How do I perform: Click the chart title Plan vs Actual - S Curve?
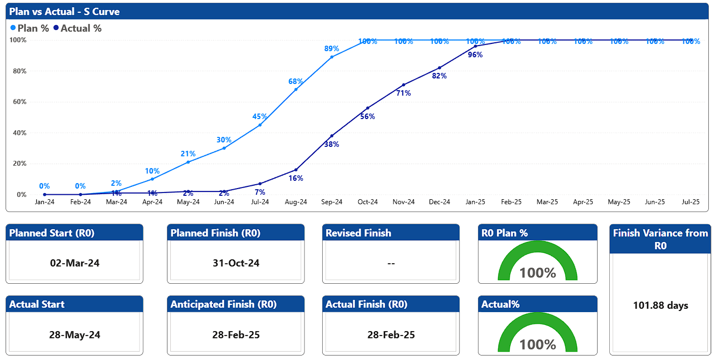tap(64, 12)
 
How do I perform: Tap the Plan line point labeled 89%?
tap(332, 57)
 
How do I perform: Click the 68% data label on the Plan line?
tap(296, 82)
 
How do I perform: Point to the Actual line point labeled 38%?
tap(332, 136)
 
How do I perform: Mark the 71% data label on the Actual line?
tap(403, 93)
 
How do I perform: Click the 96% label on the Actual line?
tap(475, 55)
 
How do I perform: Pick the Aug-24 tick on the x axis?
tap(296, 202)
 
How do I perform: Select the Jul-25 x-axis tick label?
tap(691, 202)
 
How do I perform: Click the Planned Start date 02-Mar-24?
tap(75, 263)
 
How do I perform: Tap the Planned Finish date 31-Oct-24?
tap(236, 263)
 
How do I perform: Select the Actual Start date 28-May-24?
tap(75, 335)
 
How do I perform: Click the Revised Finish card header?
tap(358, 233)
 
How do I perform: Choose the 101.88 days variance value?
tap(660, 305)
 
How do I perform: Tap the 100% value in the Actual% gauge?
tap(537, 344)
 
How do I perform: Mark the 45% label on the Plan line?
tap(260, 117)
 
